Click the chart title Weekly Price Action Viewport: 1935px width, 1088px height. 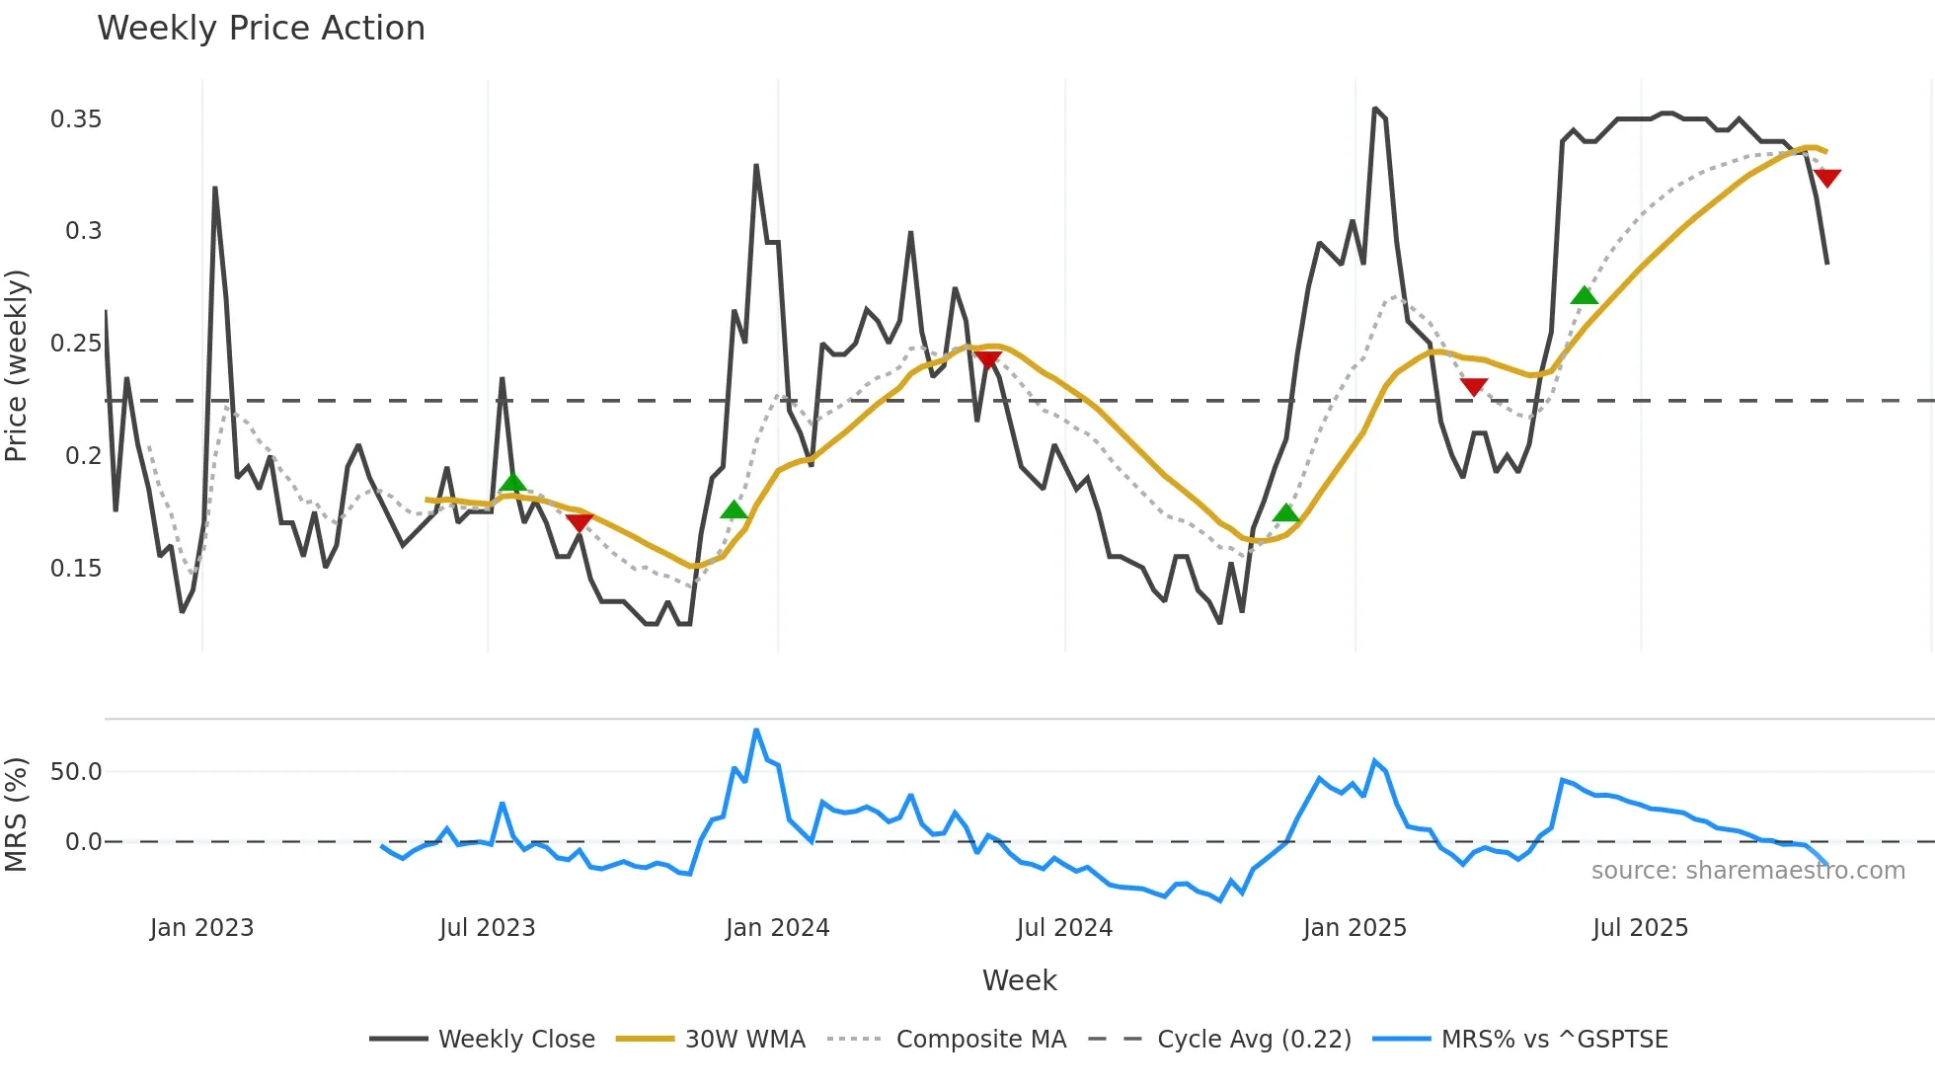[x=261, y=29]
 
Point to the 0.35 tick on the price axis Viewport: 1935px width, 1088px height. [x=76, y=119]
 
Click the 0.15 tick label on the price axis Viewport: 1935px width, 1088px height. [x=76, y=569]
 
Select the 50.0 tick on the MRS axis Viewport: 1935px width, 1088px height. [x=76, y=772]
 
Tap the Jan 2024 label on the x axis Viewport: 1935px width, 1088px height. [x=777, y=928]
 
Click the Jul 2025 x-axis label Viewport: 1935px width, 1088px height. [x=1640, y=928]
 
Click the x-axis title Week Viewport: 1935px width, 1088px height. [x=1019, y=980]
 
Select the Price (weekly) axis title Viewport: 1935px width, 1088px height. [x=17, y=365]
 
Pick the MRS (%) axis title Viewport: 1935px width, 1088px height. [x=17, y=815]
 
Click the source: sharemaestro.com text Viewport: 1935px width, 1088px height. [x=1747, y=871]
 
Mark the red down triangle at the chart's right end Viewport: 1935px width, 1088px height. [x=1827, y=178]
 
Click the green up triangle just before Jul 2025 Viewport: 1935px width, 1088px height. [x=1584, y=295]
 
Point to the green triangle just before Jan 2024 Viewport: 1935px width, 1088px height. [x=734, y=509]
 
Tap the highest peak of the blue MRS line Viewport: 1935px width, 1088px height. [x=756, y=731]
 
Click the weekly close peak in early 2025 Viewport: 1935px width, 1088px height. [x=1375, y=109]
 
